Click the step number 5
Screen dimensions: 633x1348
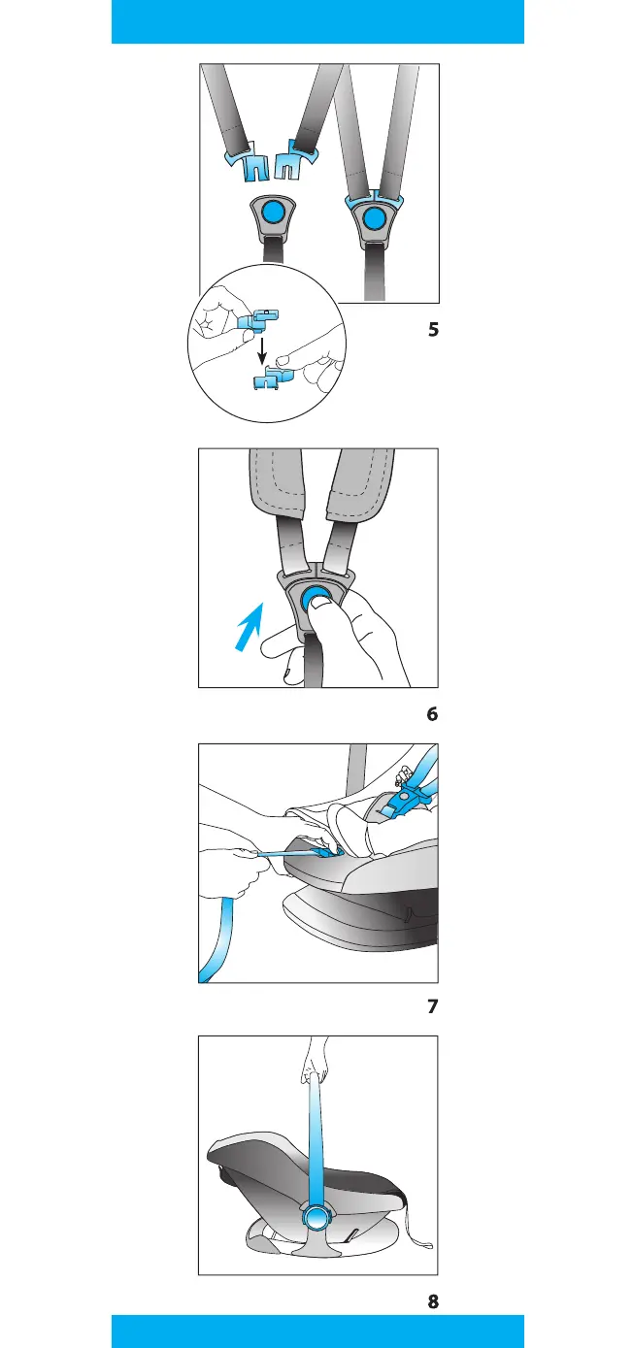pyautogui.click(x=433, y=330)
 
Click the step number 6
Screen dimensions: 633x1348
pyautogui.click(x=432, y=714)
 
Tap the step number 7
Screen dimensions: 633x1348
pyautogui.click(x=432, y=1006)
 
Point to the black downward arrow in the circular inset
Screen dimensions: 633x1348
pyautogui.click(x=261, y=350)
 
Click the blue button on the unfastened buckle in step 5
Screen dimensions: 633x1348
pyautogui.click(x=274, y=211)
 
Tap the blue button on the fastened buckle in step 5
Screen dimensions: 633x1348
pyautogui.click(x=374, y=217)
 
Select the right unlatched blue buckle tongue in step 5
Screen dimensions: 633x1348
pyautogui.click(x=295, y=160)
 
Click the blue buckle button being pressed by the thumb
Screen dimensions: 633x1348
pyautogui.click(x=315, y=600)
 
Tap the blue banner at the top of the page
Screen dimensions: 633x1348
pyautogui.click(x=317, y=21)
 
